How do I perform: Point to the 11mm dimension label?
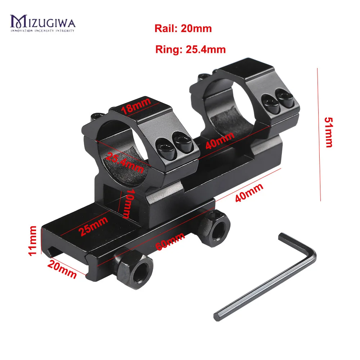33,240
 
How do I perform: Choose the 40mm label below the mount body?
249,193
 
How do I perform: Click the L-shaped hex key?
266,281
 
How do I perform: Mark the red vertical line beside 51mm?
319,135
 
